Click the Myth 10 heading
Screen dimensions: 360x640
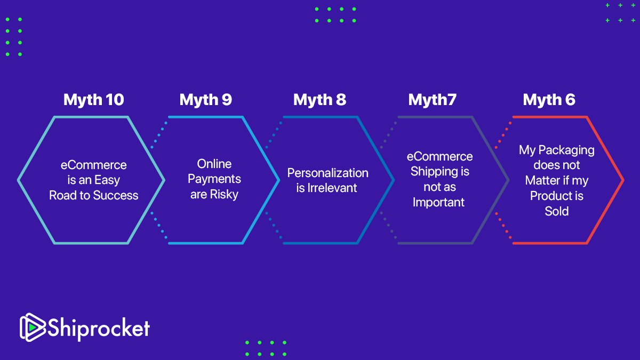[93, 100]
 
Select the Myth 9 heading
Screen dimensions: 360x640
[206, 100]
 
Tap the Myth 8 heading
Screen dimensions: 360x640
[319, 100]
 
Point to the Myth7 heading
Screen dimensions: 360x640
[432, 100]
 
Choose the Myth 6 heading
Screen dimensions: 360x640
[549, 100]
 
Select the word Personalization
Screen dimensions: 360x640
[327, 173]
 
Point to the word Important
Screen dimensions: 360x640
[438, 203]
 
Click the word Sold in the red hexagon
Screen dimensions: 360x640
[557, 211]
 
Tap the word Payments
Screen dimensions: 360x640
[214, 179]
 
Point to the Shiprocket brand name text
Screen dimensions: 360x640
[99, 327]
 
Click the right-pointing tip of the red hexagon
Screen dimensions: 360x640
[622, 180]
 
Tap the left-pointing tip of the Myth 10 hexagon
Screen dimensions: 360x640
[19, 180]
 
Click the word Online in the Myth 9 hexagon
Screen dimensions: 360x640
[214, 164]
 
